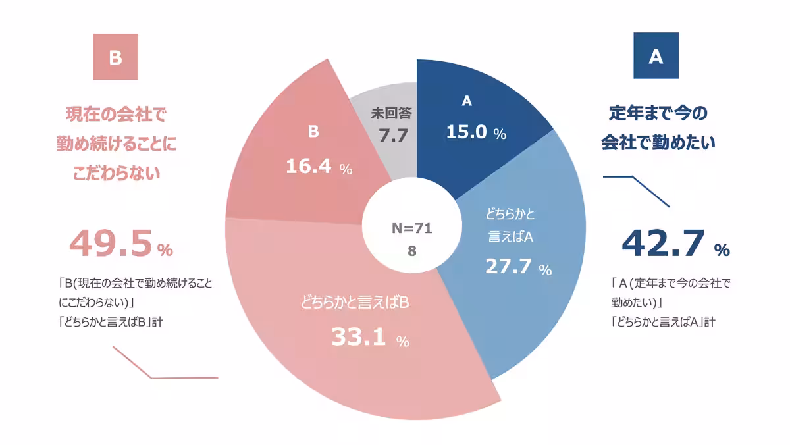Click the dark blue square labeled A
tap(655, 56)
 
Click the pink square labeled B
tap(115, 57)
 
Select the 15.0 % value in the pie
tap(476, 132)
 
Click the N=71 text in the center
tap(411, 228)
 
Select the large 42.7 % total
tap(675, 245)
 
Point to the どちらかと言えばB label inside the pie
tap(355, 303)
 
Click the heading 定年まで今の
tap(658, 113)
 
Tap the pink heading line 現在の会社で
tap(116, 114)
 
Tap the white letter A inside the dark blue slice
tap(467, 101)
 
